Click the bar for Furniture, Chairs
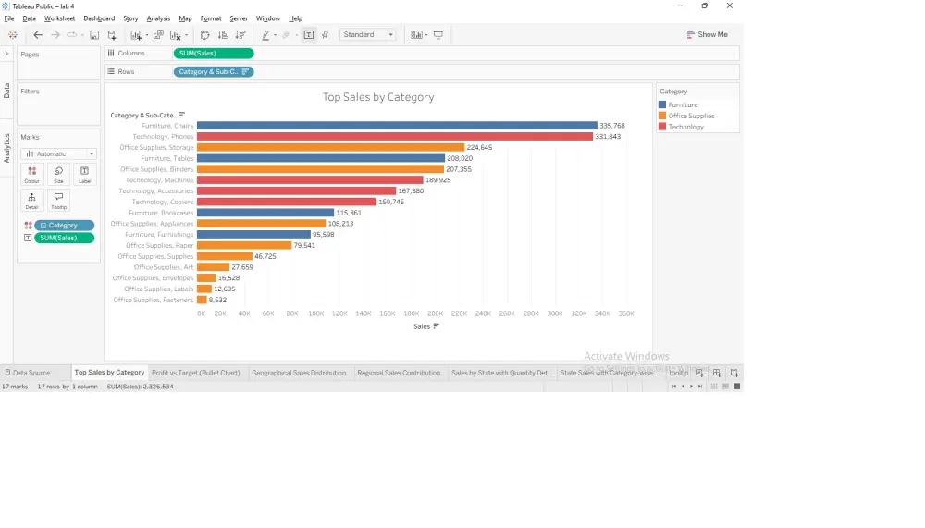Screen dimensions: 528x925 click(397, 126)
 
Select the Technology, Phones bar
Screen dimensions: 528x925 click(394, 137)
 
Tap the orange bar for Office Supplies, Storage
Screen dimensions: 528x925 click(330, 148)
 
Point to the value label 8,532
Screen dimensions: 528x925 click(217, 300)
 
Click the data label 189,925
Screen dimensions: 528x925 click(439, 180)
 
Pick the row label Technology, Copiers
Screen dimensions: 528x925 click(162, 202)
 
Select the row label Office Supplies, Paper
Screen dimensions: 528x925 click(159, 245)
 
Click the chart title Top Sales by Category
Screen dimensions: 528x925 click(377, 97)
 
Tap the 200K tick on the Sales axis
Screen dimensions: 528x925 click(435, 313)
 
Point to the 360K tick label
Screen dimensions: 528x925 click(626, 313)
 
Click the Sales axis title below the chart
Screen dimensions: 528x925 click(422, 326)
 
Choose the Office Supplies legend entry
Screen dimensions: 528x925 click(691, 116)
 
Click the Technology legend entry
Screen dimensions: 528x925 click(685, 127)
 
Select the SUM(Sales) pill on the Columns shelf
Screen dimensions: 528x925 click(213, 54)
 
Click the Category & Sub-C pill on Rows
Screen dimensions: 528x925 click(213, 71)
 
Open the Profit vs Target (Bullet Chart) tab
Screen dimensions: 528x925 click(196, 373)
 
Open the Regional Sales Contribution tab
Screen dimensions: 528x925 click(399, 373)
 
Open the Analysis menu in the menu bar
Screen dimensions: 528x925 click(158, 18)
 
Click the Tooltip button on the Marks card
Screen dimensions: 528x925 click(58, 200)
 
